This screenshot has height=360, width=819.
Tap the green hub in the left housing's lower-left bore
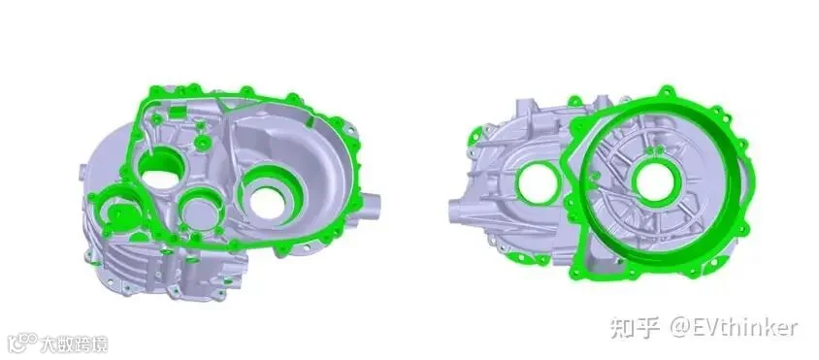tap(120, 213)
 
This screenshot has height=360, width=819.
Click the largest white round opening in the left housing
tap(267, 203)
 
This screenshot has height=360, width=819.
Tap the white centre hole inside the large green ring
tap(655, 183)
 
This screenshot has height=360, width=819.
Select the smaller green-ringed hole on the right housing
tap(538, 182)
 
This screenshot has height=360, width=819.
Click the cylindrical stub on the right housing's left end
tap(459, 212)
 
